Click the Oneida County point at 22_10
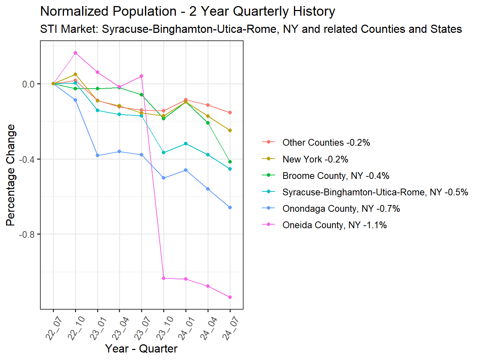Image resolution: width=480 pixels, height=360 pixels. [75, 53]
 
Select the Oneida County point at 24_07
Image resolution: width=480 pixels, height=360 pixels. [230, 297]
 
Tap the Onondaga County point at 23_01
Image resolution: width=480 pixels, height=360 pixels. [97, 156]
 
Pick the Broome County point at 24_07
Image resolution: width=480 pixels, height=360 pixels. [230, 162]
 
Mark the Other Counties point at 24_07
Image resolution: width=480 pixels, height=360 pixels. [230, 112]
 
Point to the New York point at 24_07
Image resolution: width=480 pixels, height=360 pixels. [230, 130]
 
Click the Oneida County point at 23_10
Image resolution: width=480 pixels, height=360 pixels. [164, 278]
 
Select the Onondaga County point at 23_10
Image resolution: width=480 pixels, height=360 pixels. [164, 178]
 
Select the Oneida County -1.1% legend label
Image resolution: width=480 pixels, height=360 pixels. [335, 225]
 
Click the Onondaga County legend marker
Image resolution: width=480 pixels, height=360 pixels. [268, 209]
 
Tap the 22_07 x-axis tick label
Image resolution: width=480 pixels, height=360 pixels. [53, 329]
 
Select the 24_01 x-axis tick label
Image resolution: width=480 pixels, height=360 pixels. [186, 329]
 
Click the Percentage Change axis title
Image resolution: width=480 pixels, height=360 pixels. [10, 175]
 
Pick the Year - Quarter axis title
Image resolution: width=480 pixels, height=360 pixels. [141, 349]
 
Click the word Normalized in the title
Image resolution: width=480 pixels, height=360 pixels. [74, 11]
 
